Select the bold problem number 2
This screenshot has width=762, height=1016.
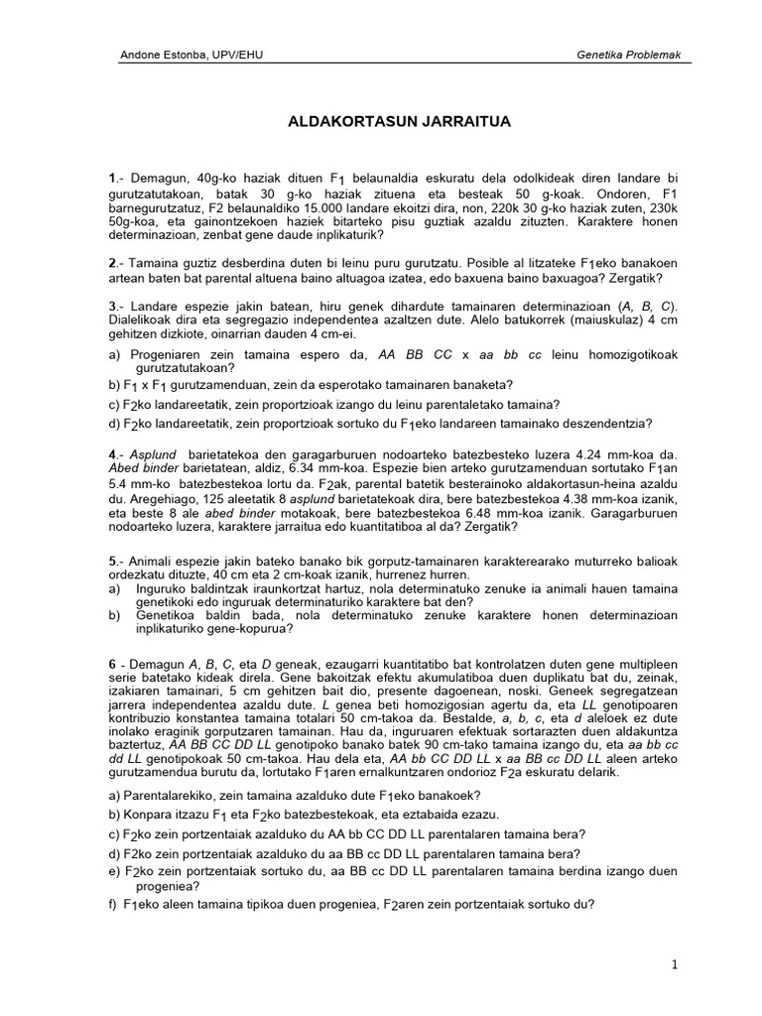[112, 264]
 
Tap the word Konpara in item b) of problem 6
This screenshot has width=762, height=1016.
[147, 815]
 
